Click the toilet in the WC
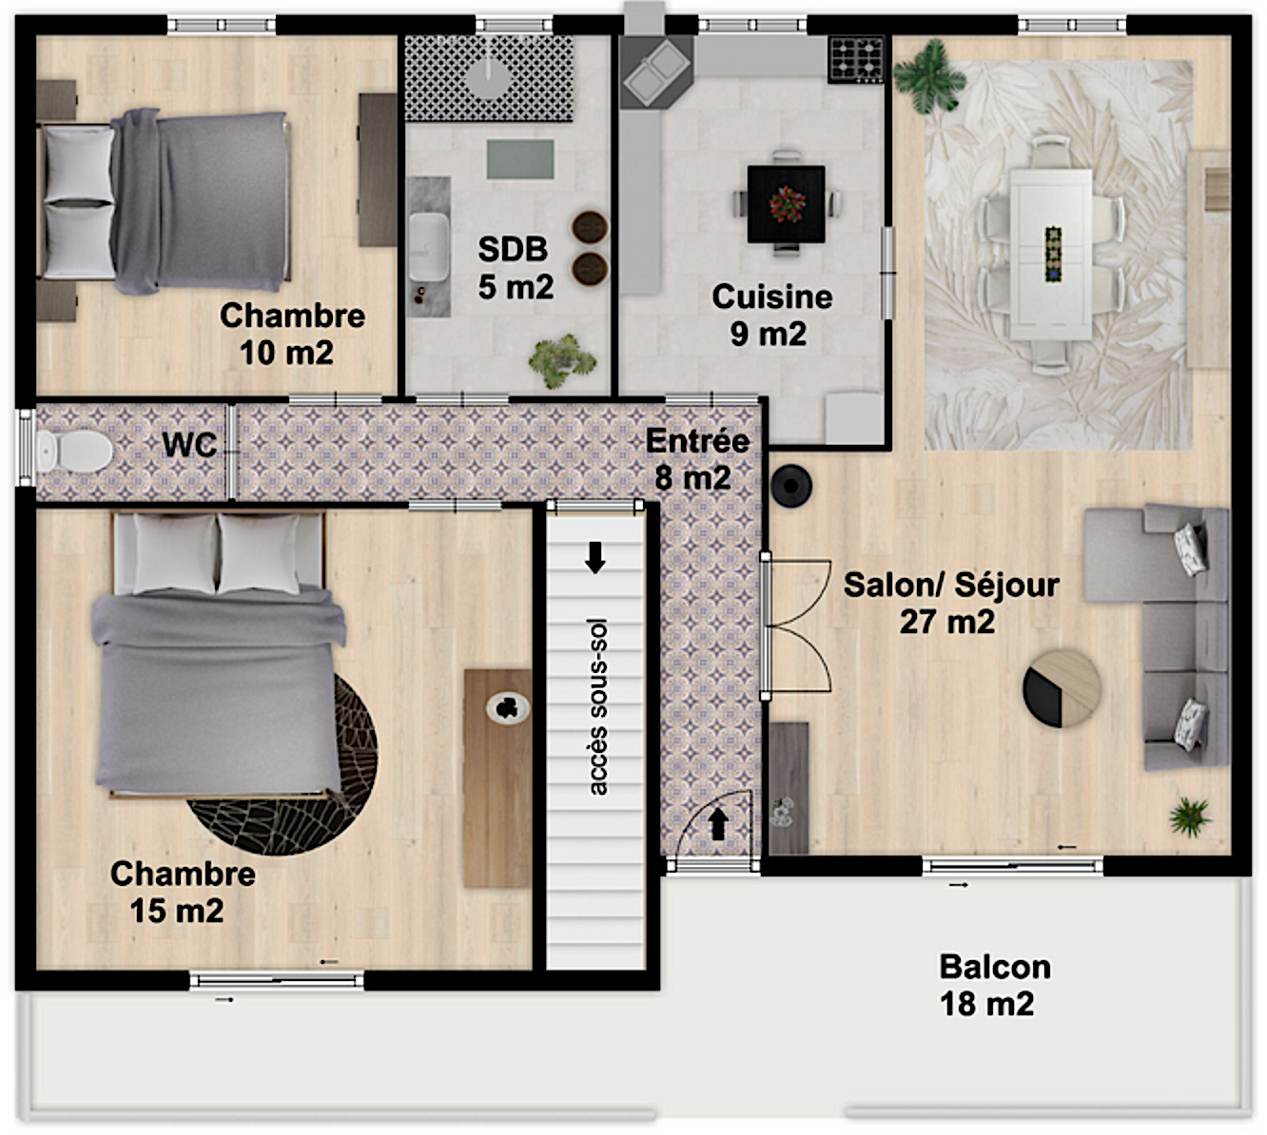pyautogui.click(x=74, y=451)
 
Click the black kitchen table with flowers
pyautogui.click(x=786, y=204)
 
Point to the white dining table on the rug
pyautogui.click(x=1051, y=255)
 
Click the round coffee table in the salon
pyautogui.click(x=1062, y=688)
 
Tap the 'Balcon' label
pyautogui.click(x=995, y=967)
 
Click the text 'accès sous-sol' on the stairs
pyautogui.click(x=598, y=707)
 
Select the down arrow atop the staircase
pyautogui.click(x=595, y=558)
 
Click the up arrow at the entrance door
pyautogui.click(x=718, y=824)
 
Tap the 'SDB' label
pyautogui.click(x=513, y=249)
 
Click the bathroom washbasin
pyautogui.click(x=428, y=247)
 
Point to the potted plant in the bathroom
pyautogui.click(x=561, y=360)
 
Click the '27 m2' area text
pyautogui.click(x=946, y=622)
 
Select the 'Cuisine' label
pyautogui.click(x=772, y=297)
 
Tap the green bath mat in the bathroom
pyautogui.click(x=520, y=159)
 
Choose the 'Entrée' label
pyautogui.click(x=697, y=441)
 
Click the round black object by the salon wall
pyautogui.click(x=791, y=485)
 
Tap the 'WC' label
pyautogui.click(x=189, y=444)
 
